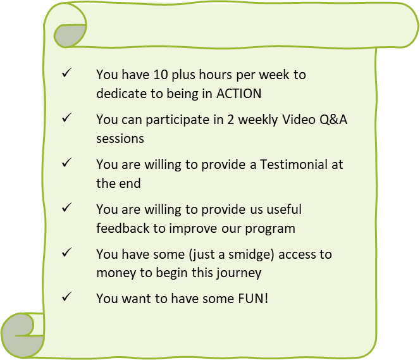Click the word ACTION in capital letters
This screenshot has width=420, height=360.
pos(238,94)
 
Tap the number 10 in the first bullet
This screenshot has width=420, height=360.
pos(161,75)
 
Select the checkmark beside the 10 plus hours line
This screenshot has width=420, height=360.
pos(66,73)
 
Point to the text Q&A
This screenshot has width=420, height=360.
pos(333,120)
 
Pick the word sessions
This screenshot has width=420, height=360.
pos(120,139)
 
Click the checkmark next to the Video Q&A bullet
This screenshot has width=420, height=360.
pos(66,118)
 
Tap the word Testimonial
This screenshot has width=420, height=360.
pos(293,164)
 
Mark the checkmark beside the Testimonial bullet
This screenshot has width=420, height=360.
pos(66,163)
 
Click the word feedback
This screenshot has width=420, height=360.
pos(123,228)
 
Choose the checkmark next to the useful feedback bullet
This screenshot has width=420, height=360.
pos(66,208)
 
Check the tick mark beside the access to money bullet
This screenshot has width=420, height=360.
pos(66,252)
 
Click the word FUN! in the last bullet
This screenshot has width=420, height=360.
pos(253,299)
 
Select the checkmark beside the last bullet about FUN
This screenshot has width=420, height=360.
pos(66,297)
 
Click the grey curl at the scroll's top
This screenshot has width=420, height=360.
pos(68,35)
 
